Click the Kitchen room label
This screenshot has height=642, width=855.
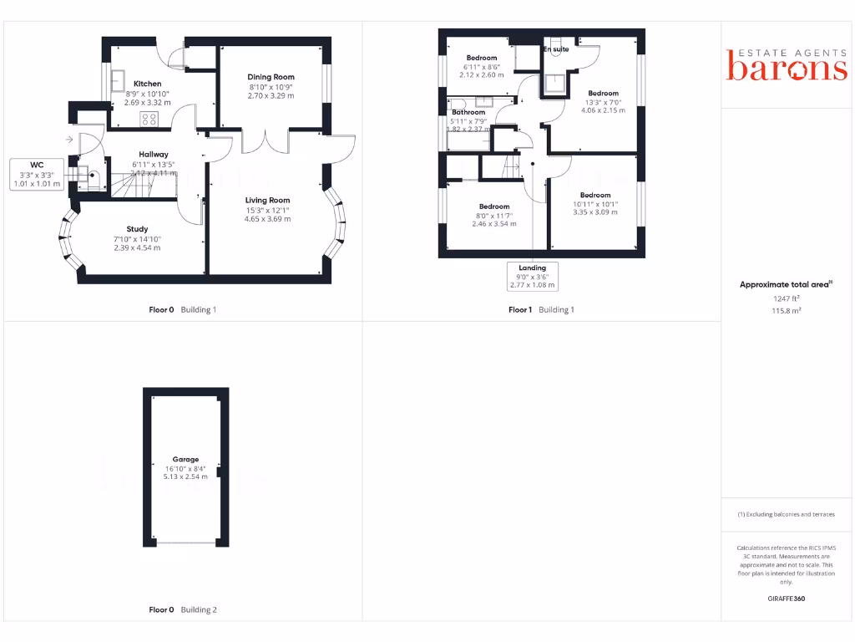(148, 84)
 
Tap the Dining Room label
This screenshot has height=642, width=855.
(271, 77)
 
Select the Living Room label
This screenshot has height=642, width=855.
(267, 200)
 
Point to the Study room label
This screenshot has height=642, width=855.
(137, 229)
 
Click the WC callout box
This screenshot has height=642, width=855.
(36, 174)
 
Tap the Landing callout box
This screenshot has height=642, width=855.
(532, 276)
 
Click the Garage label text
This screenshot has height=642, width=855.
(185, 459)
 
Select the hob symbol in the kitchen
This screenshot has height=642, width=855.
(149, 119)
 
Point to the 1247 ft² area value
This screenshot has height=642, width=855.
(786, 298)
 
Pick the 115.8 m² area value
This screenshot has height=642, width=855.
(786, 309)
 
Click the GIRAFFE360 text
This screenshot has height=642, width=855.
(786, 599)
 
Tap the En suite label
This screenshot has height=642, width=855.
(555, 49)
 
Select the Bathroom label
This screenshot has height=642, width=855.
(468, 112)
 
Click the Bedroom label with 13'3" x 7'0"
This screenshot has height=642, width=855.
(603, 93)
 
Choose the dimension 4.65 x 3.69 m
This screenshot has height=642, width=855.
(267, 219)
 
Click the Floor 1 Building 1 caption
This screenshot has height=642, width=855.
(541, 309)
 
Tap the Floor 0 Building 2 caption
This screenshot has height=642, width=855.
(182, 609)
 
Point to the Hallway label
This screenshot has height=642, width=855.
(154, 154)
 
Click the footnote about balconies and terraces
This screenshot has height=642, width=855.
(786, 514)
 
